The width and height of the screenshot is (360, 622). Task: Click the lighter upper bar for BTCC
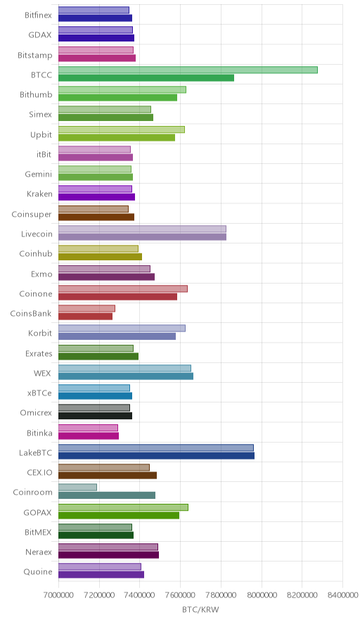[x=188, y=70]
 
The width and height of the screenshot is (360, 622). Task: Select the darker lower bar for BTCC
[x=146, y=77]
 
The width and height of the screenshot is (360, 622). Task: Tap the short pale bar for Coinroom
[x=78, y=487]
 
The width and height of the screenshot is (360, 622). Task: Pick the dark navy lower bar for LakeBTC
[x=157, y=455]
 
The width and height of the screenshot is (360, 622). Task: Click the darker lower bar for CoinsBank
[x=86, y=316]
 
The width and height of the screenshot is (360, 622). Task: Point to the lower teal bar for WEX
[x=126, y=376]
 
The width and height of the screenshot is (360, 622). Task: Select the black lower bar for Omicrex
[x=95, y=416]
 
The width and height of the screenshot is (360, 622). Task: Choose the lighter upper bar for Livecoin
[x=142, y=229]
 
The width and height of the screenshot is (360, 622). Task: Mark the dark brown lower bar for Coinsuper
[x=96, y=217]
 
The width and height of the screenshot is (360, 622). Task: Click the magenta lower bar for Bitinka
[x=89, y=436]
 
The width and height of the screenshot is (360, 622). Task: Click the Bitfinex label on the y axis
[x=38, y=15]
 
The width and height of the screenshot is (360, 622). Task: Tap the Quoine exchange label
[x=38, y=571]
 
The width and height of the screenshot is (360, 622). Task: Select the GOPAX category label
[x=38, y=512]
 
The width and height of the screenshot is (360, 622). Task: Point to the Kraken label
[x=39, y=194]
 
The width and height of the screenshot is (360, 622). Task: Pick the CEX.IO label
[x=39, y=472]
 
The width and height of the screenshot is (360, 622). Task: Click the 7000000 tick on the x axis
[x=58, y=595]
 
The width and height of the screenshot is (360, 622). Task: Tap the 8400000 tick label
[x=342, y=595]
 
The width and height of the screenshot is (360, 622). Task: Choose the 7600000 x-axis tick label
[x=180, y=595]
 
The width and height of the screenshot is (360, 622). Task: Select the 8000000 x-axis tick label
[x=262, y=595]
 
